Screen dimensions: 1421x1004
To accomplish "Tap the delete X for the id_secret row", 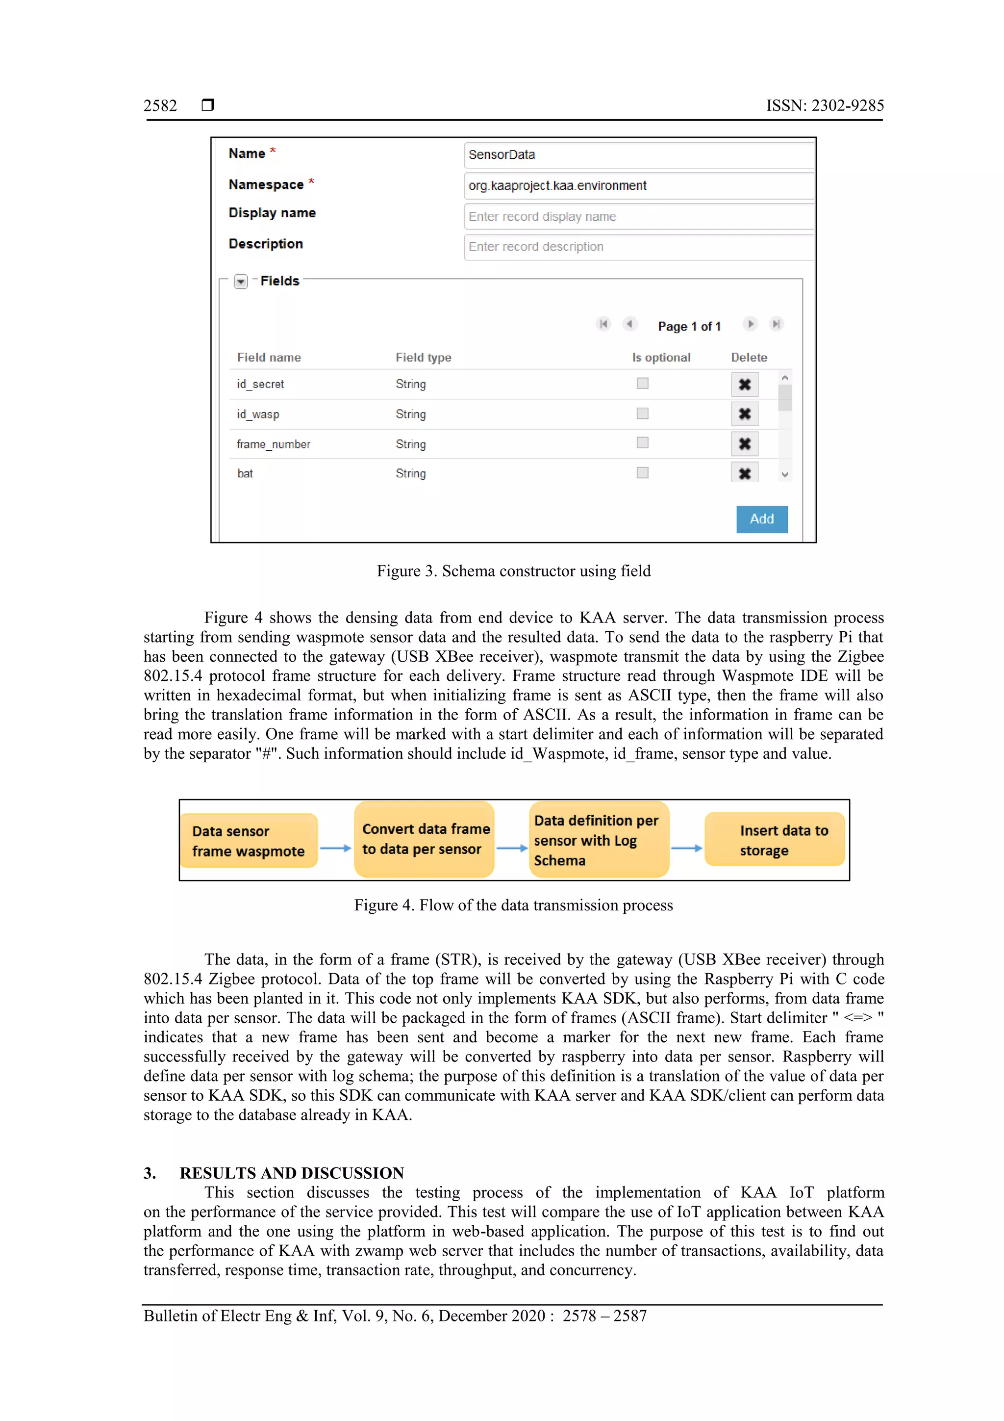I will (744, 385).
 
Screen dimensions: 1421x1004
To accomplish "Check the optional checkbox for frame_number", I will (642, 442).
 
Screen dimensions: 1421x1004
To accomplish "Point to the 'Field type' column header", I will (423, 357).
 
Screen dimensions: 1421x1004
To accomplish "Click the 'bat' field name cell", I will (245, 473).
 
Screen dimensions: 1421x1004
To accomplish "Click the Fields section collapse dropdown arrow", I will (241, 282).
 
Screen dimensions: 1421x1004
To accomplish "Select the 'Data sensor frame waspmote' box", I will (249, 840).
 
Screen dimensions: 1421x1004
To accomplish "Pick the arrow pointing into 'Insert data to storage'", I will (687, 848).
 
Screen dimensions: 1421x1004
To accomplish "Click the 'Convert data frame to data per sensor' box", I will (425, 839).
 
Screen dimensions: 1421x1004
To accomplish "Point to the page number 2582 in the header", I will (160, 106).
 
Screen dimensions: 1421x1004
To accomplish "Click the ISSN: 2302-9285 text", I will (825, 106).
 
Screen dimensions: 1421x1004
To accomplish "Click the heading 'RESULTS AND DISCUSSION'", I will (291, 1173).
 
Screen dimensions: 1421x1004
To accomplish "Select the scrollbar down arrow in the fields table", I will (784, 475).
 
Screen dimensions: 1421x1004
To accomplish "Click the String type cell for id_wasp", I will (411, 414).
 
